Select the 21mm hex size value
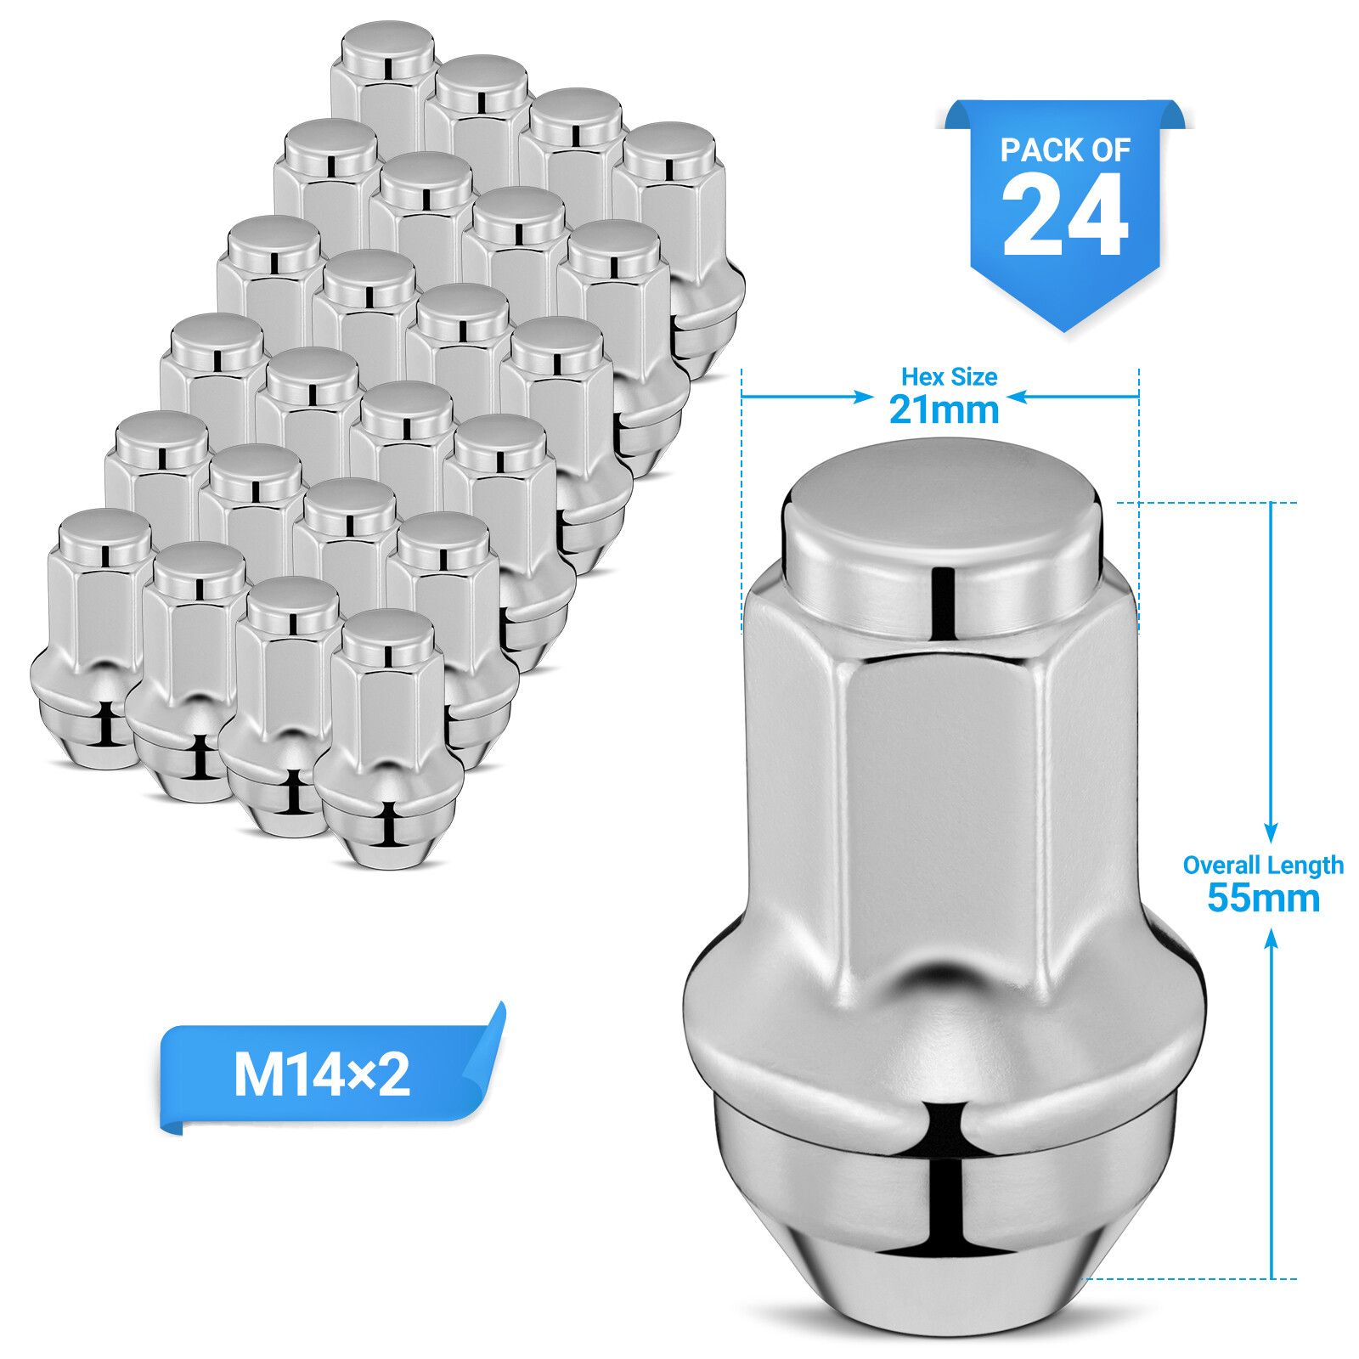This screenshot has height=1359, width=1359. (944, 410)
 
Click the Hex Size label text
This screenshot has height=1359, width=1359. (949, 376)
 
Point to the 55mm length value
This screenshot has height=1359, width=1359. (1263, 899)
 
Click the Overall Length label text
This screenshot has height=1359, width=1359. (1263, 866)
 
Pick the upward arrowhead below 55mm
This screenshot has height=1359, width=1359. (1271, 939)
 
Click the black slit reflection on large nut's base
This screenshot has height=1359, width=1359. (945, 1189)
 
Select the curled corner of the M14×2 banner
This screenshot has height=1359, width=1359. (488, 1053)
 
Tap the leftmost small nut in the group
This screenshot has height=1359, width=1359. (89, 646)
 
